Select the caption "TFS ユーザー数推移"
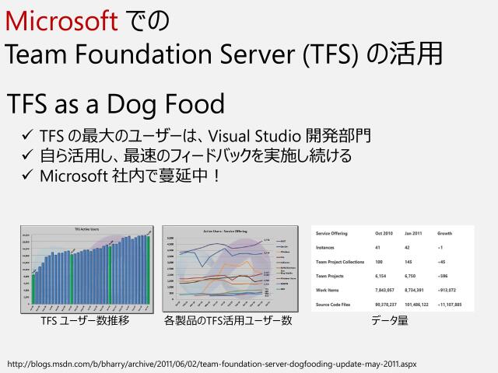point(85,320)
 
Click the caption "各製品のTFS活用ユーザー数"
point(228,320)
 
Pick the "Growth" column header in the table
point(445,233)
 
